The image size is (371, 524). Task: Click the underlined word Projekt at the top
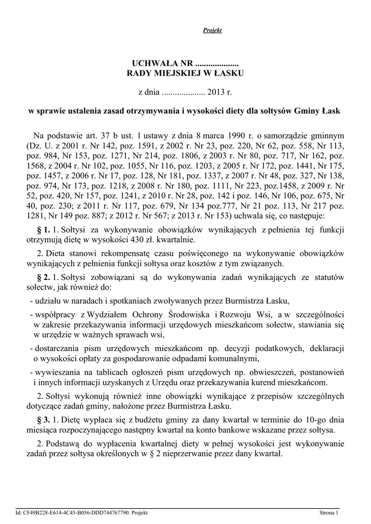coord(212,31)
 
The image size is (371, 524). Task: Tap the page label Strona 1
coord(329,512)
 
